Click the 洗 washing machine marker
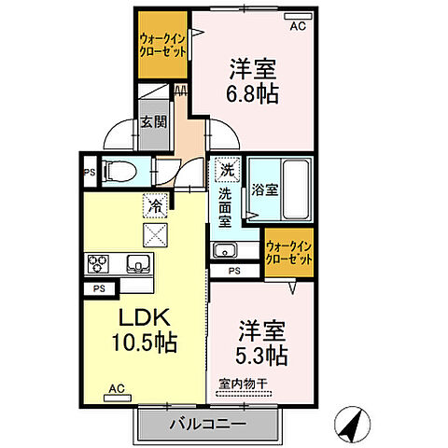228,171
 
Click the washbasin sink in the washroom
224,249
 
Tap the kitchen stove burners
98,263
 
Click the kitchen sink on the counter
138,263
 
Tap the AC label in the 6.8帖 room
297,26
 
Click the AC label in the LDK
116,387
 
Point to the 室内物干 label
243,383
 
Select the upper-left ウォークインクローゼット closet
161,44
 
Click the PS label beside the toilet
89,173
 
